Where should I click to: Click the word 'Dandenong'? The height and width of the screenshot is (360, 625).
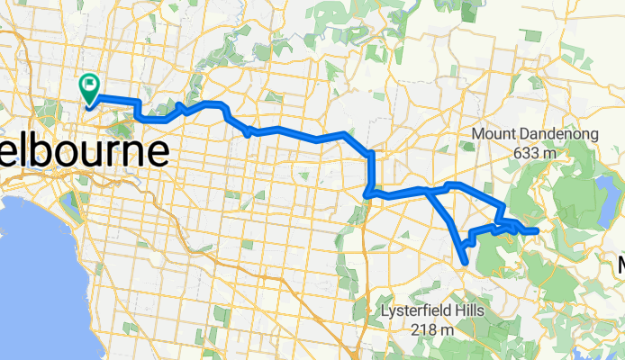coord(550,137)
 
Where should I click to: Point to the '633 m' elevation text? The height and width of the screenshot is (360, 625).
coord(530,154)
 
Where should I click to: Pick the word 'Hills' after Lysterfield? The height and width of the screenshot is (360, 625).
coord(469,311)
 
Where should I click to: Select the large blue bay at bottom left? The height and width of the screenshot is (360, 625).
coord(36,270)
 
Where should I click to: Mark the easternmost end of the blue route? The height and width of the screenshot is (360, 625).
coord(537,231)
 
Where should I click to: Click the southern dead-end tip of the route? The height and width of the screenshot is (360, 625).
coord(465,263)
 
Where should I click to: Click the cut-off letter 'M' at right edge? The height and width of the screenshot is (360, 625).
coord(621,265)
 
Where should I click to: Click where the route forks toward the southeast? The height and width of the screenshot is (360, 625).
coord(425,190)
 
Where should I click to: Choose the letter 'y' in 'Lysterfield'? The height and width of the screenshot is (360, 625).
coord(393,314)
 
